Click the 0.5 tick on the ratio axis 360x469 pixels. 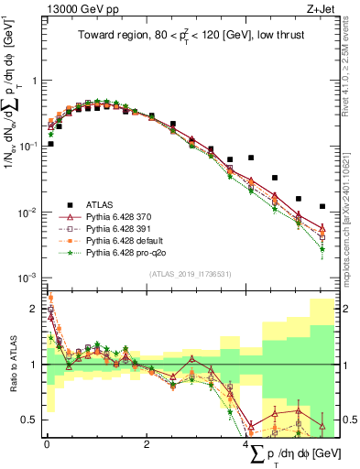coord(33,420)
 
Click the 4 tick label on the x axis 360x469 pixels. coord(246,446)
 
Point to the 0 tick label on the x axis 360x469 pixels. coord(47,446)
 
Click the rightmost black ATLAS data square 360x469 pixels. coord(322,207)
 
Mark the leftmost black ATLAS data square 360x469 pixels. coord(50,144)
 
